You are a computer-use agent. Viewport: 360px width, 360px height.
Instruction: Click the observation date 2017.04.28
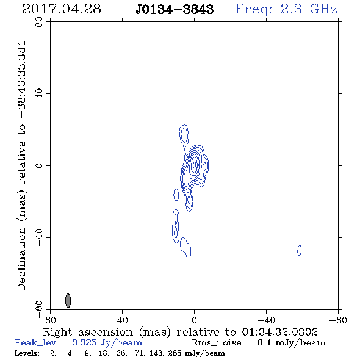click(62, 9)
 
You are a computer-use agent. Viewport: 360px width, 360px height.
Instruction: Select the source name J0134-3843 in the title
click(175, 9)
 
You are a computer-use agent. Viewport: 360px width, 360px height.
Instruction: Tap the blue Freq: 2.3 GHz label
click(286, 9)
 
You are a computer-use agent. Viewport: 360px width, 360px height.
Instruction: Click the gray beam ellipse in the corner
click(68, 301)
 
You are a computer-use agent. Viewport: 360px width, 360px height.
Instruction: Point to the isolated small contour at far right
click(299, 250)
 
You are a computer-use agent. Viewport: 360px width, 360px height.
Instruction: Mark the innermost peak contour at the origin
click(195, 164)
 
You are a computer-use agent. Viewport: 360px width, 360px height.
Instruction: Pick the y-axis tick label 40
click(39, 94)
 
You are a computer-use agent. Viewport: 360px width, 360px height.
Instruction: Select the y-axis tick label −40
click(39, 237)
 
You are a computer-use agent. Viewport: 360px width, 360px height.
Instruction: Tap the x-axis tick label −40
click(266, 320)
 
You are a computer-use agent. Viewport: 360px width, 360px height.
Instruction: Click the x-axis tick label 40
click(122, 320)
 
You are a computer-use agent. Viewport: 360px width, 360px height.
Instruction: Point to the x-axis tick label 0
click(194, 320)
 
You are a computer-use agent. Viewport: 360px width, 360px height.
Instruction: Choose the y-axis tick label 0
click(39, 165)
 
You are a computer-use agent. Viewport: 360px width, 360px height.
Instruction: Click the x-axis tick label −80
click(338, 320)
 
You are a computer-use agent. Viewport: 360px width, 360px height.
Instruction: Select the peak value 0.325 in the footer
click(84, 342)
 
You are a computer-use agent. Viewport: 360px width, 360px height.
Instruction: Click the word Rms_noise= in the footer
click(220, 343)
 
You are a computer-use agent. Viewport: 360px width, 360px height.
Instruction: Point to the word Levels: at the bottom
click(27, 353)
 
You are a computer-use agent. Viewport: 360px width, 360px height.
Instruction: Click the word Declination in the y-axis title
click(21, 259)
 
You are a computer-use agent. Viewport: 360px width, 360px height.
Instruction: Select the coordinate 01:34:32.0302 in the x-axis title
click(279, 332)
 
